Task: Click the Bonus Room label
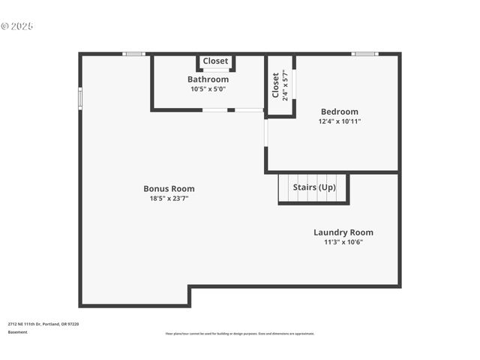click(169, 189)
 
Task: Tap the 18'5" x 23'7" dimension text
click(169, 199)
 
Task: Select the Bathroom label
click(208, 79)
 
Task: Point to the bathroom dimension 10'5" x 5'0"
click(208, 89)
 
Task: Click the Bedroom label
click(339, 112)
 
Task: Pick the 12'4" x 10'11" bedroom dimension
click(339, 121)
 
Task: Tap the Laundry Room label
click(343, 232)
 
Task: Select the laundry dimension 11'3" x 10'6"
click(343, 242)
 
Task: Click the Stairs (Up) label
click(313, 187)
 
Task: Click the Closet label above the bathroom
click(215, 61)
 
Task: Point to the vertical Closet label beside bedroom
click(275, 85)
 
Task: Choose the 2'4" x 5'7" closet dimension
click(285, 85)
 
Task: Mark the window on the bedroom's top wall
click(365, 54)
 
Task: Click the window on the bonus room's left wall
click(80, 98)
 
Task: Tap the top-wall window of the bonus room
click(133, 54)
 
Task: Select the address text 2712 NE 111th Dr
click(43, 324)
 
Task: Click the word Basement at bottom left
click(17, 332)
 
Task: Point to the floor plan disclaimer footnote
click(239, 334)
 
